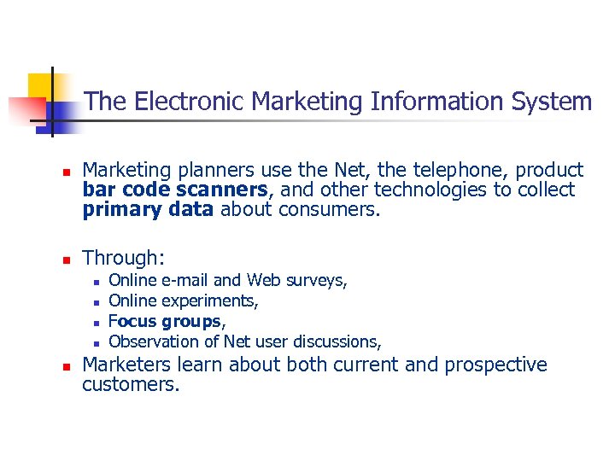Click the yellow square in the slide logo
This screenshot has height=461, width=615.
click(x=41, y=86)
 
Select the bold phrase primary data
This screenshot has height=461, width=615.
click(x=148, y=209)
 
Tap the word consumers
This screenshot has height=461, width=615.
click(x=327, y=209)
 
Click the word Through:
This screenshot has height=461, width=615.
click(x=123, y=258)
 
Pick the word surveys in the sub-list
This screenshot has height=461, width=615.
click(x=316, y=281)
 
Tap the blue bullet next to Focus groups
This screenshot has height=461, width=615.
click(x=97, y=323)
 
